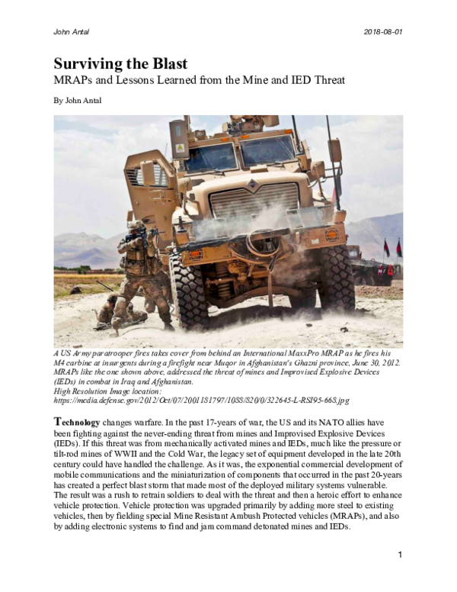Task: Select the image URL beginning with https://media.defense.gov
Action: [201, 400]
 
